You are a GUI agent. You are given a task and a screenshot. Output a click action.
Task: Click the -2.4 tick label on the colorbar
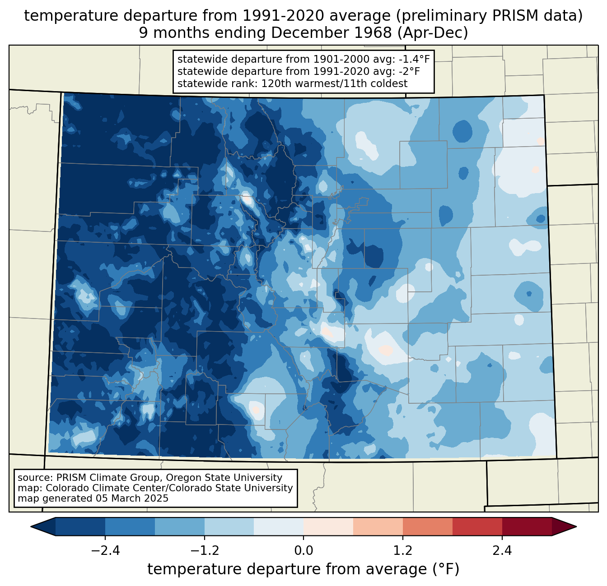tap(105, 551)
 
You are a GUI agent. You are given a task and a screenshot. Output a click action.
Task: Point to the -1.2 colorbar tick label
tap(204, 551)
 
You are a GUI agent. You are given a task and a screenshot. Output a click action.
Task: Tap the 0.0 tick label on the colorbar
tap(303, 551)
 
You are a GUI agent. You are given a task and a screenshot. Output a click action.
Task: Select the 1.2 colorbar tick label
tap(403, 551)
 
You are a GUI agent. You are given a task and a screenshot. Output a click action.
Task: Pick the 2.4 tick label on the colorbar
tap(502, 551)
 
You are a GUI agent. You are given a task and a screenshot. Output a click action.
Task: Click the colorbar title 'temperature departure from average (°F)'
tap(303, 569)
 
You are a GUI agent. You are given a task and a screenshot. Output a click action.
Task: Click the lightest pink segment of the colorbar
tap(328, 526)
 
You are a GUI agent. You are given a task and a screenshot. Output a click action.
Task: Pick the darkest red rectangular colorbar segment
tap(527, 526)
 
